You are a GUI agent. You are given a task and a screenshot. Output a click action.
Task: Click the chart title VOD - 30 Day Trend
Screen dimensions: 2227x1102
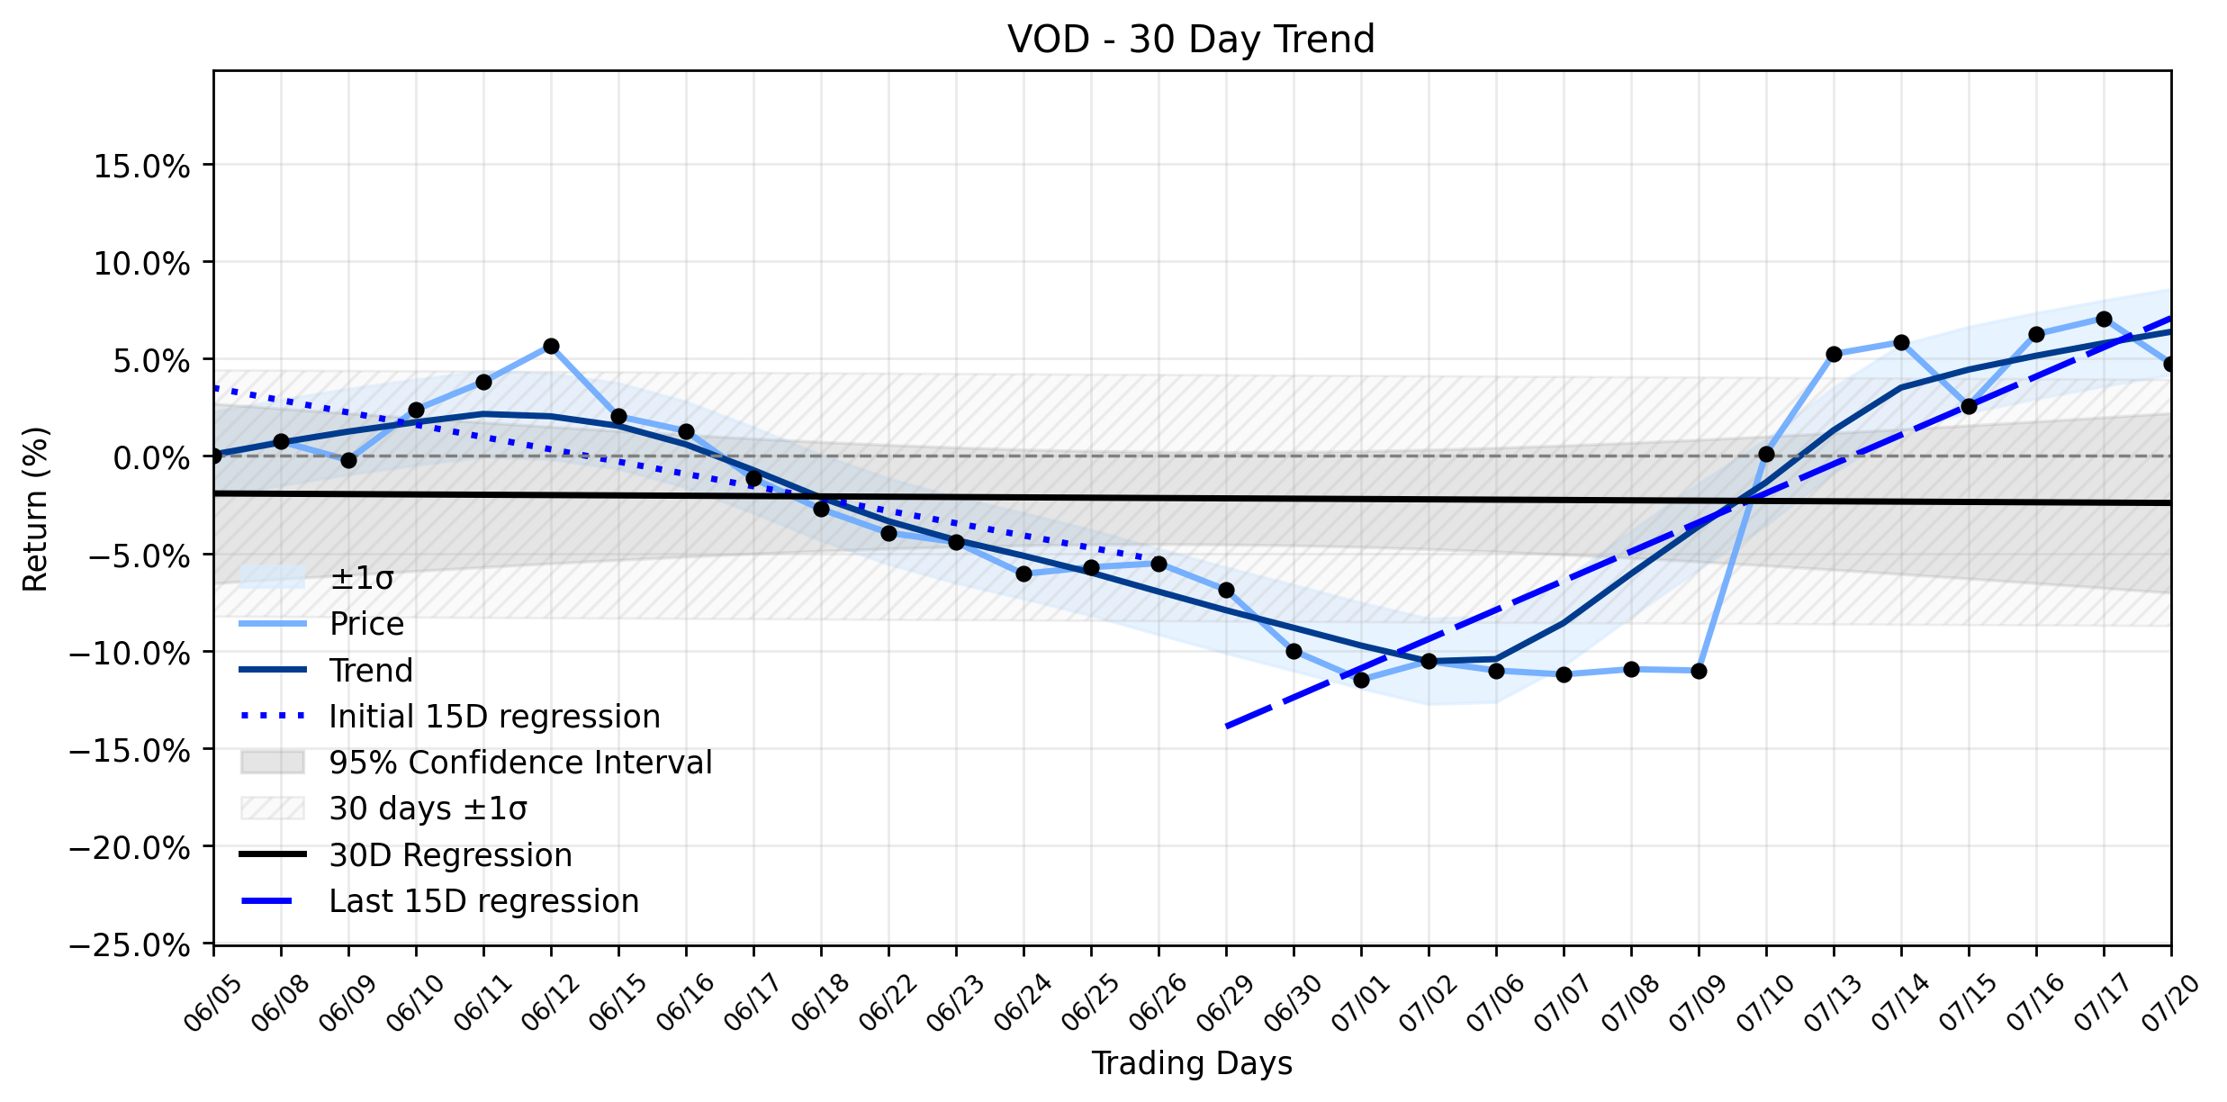(1191, 40)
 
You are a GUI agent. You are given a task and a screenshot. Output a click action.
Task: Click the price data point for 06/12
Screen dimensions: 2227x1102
(551, 347)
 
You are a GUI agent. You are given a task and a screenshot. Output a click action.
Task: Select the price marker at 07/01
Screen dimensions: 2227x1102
(1361, 680)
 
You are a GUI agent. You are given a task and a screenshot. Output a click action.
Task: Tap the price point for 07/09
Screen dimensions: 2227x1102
(1699, 671)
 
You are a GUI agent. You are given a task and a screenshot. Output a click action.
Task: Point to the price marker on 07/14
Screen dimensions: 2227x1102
(1901, 343)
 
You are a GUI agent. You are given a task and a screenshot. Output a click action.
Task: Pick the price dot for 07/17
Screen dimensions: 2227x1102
(2104, 320)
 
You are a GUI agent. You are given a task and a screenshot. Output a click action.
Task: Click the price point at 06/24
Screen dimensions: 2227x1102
(1023, 574)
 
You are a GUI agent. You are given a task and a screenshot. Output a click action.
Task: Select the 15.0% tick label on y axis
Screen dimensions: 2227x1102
(142, 167)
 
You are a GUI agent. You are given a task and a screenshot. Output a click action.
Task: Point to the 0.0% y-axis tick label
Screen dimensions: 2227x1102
(152, 458)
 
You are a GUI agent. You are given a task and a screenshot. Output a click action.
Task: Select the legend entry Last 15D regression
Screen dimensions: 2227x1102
(439, 901)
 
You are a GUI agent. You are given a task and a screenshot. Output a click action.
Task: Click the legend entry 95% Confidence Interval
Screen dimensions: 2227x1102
(476, 763)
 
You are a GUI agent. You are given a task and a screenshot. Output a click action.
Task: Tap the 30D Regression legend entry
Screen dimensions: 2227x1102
(406, 855)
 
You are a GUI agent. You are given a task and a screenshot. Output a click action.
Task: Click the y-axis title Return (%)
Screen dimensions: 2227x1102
(36, 509)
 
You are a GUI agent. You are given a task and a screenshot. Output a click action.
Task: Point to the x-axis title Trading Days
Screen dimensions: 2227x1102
(1192, 1064)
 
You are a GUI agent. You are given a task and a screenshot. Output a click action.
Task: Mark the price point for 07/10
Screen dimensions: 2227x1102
(1766, 455)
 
